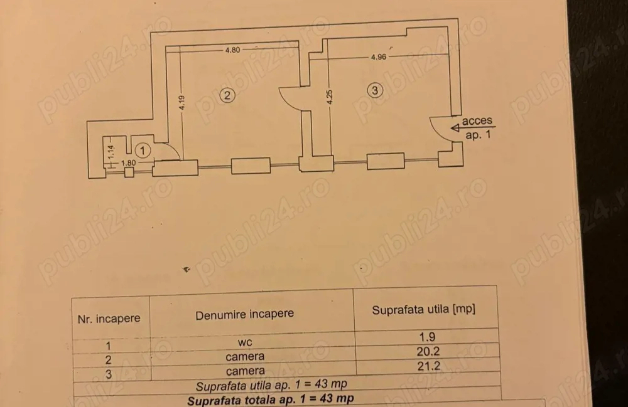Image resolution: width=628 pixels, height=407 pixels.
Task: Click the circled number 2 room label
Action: pos(227,95)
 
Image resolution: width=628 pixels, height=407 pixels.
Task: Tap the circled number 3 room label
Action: pos(374,90)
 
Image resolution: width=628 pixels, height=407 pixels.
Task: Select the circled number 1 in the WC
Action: pos(142,151)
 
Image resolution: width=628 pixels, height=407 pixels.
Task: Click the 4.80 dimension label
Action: pos(232,50)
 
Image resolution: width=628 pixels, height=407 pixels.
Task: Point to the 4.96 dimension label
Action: pos(379,57)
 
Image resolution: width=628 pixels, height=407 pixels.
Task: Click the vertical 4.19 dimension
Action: pos(182,103)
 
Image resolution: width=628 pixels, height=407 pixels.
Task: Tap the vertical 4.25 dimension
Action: pos(329,97)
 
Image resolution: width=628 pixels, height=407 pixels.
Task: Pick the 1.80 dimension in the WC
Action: pos(128,162)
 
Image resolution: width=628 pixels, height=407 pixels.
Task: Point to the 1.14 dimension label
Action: pos(111,151)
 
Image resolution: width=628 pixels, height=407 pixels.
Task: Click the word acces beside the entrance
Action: pos(477,120)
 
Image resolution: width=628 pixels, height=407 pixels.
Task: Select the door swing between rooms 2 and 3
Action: pos(290,98)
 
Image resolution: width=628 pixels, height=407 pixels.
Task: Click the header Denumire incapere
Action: pos(244,314)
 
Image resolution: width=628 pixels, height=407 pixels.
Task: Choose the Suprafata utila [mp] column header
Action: pos(423,309)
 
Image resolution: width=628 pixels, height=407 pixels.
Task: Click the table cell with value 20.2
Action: pos(428,351)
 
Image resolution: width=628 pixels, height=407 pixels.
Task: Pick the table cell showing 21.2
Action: pos(428,366)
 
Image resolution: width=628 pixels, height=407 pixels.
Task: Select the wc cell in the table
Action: pos(245,342)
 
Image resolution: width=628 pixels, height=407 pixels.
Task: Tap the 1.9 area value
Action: pos(427,337)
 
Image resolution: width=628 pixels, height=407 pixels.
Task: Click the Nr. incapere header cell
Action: pos(109,319)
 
